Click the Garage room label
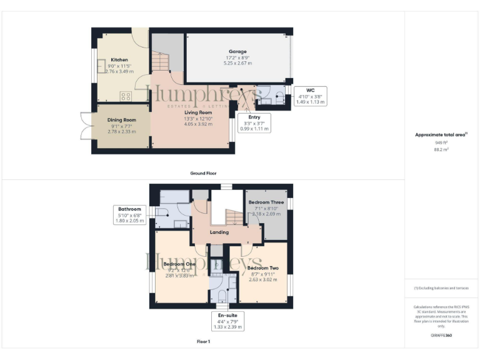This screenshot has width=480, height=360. [237, 51]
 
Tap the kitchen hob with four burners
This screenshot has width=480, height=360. [126, 96]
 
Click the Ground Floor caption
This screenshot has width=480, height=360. [203, 173]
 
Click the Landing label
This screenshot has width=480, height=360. [219, 232]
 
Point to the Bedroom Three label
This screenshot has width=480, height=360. [266, 203]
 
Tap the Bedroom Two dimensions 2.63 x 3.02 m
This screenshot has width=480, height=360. [263, 280]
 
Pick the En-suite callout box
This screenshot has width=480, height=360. [228, 321]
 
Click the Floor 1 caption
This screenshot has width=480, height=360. [203, 342]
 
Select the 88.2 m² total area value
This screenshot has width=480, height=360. [441, 149]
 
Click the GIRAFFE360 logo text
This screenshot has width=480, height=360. [441, 336]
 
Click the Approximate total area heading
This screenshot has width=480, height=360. [441, 135]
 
